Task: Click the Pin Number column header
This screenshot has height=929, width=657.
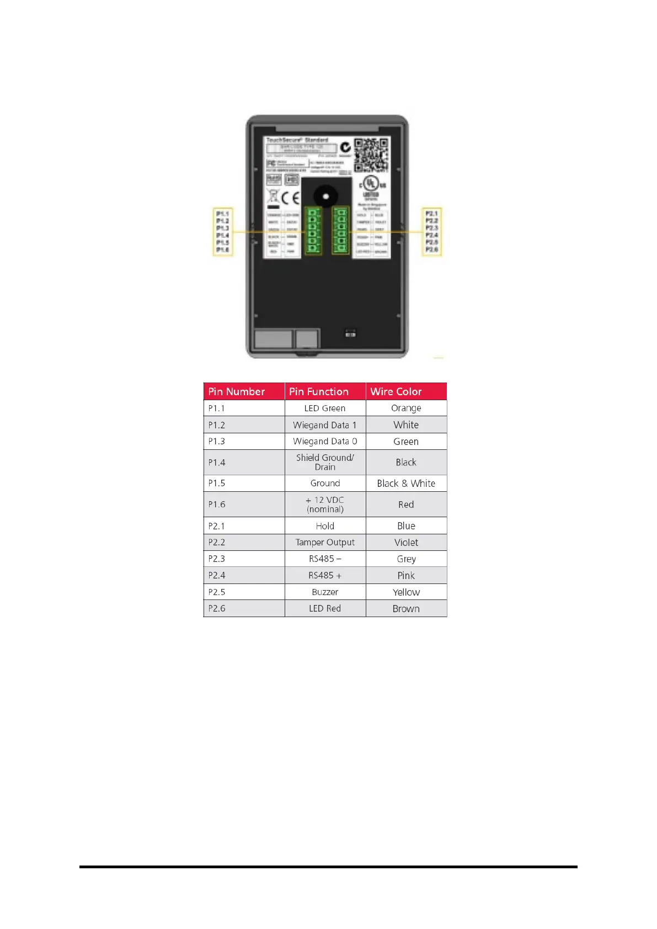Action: pos(244,391)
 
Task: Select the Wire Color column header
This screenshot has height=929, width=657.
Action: pos(406,391)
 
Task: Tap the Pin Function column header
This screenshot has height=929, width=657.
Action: pos(325,391)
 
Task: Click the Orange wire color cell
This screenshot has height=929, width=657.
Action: pos(406,408)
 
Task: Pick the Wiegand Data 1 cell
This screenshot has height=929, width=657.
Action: pos(325,425)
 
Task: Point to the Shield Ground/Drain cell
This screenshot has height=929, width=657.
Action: pos(325,462)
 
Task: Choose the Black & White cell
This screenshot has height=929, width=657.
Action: pos(406,483)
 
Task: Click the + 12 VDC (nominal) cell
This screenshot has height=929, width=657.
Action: pos(325,504)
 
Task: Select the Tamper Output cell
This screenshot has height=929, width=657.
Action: pos(325,542)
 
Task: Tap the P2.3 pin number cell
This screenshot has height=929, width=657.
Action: pos(244,559)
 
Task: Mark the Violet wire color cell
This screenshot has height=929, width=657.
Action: pos(406,542)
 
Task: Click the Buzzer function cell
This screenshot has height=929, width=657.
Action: pos(325,592)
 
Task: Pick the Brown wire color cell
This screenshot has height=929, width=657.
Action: pos(406,608)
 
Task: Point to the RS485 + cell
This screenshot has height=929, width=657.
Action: pos(325,575)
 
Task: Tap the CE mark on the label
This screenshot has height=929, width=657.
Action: pos(290,198)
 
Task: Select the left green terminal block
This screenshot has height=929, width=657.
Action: pos(313,231)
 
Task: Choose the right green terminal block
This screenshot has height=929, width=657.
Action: pos(340,231)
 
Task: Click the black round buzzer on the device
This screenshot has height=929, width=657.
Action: pos(325,196)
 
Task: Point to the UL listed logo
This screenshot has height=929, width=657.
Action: pos(371,185)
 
